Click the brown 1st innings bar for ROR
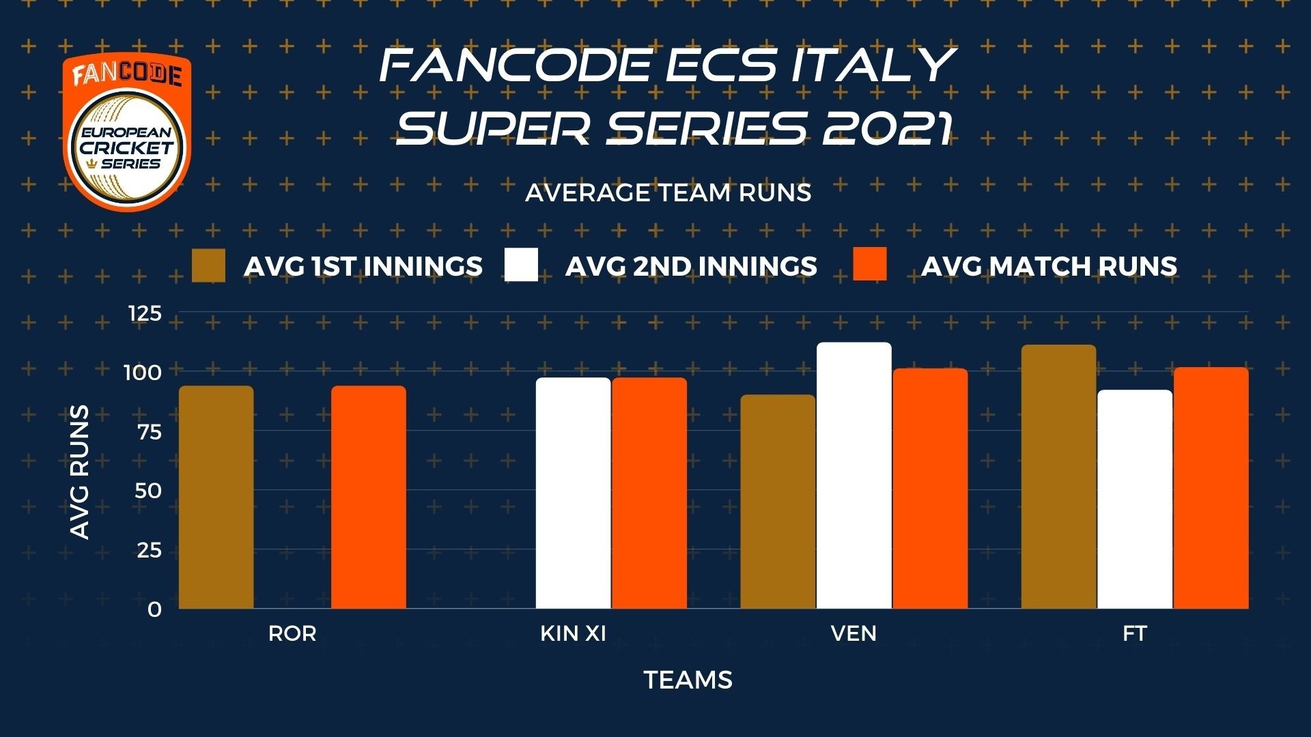[x=216, y=497]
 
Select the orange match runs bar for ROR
[x=369, y=497]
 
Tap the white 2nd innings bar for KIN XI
[x=573, y=493]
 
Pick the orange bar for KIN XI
[x=649, y=493]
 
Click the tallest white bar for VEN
[x=854, y=475]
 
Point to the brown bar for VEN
[x=778, y=501]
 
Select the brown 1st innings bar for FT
[x=1059, y=476]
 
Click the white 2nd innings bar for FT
[x=1135, y=499]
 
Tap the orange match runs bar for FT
[x=1211, y=487]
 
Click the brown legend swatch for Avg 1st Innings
[x=208, y=265]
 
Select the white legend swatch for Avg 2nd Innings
[x=521, y=265]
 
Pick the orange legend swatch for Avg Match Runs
[x=870, y=264]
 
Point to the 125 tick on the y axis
[x=145, y=313]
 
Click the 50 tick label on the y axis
[x=148, y=491]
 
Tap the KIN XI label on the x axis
[x=573, y=633]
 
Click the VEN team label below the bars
[x=854, y=633]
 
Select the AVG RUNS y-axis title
[x=80, y=472]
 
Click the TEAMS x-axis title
[x=688, y=680]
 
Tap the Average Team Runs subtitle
[x=668, y=193]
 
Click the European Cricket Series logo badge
[x=127, y=132]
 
